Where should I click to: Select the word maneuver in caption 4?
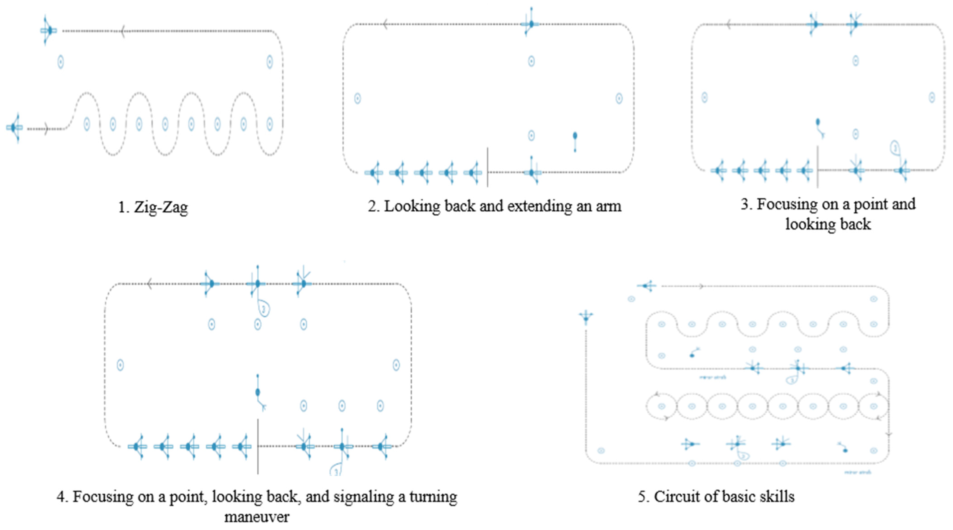click(257, 516)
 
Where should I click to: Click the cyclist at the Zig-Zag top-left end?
click(49, 31)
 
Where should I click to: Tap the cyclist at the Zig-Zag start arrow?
click(14, 128)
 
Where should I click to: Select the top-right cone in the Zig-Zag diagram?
click(270, 62)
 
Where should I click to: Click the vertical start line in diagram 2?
click(487, 167)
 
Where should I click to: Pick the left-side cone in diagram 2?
click(357, 98)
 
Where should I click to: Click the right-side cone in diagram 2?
click(619, 98)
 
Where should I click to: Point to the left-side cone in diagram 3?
click(704, 98)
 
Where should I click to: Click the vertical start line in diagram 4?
click(258, 446)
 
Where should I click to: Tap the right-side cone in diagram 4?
click(396, 365)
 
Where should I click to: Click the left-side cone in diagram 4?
click(120, 365)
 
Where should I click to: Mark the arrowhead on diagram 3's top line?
click(728, 25)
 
